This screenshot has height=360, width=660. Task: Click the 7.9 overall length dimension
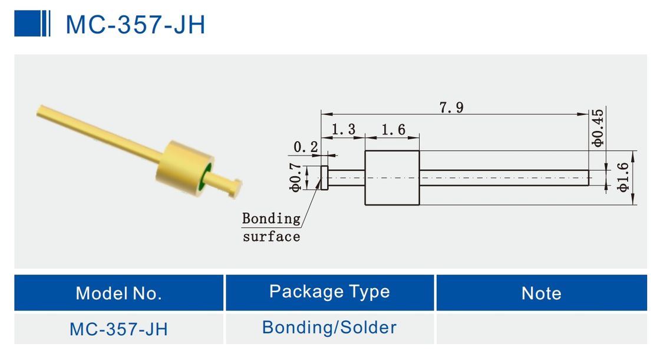tap(451, 107)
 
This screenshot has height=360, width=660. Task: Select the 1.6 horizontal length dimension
tap(393, 130)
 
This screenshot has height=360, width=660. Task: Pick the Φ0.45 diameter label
tap(598, 128)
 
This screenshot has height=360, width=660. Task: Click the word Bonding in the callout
tap(271, 219)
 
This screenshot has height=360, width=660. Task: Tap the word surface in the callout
tap(271, 237)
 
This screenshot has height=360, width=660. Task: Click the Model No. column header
tap(118, 293)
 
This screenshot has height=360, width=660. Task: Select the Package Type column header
tap(329, 292)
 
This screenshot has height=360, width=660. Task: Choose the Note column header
tap(541, 293)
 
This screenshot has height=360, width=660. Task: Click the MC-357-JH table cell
tap(118, 329)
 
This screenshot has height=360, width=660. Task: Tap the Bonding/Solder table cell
tap(329, 328)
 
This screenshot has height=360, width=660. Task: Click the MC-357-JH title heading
tap(135, 25)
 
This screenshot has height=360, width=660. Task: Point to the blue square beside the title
tap(27, 24)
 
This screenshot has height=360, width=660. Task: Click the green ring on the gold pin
tap(206, 177)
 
